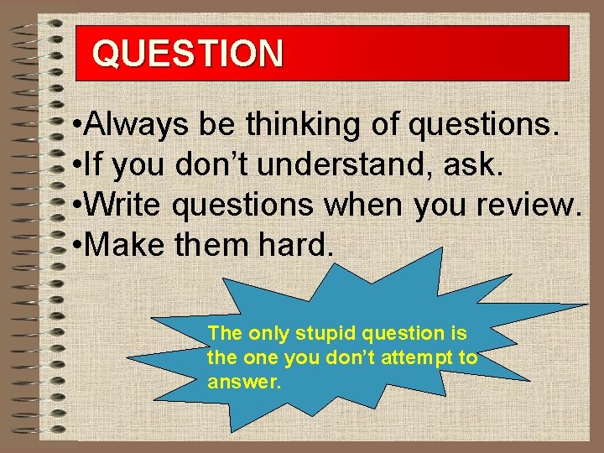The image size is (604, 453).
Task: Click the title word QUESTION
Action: tap(188, 53)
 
